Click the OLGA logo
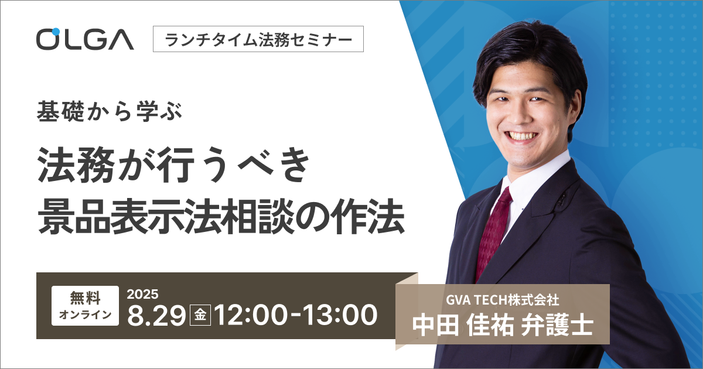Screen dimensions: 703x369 pyautogui.click(x=85, y=39)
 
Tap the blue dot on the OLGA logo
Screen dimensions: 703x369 pyautogui.click(x=56, y=32)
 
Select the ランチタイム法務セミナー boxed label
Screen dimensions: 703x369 pyautogui.click(x=258, y=39)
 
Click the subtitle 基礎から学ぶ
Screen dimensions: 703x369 pyautogui.click(x=109, y=112)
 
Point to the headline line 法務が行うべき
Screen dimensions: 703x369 pyautogui.click(x=173, y=165)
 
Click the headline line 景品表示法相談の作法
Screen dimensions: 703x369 pyautogui.click(x=221, y=217)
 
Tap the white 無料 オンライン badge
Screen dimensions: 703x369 pyautogui.click(x=85, y=306)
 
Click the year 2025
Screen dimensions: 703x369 pyautogui.click(x=142, y=294)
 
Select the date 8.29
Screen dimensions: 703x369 pyautogui.click(x=156, y=315)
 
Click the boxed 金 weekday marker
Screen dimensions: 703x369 pyautogui.click(x=200, y=315)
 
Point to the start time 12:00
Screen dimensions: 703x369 pyautogui.click(x=251, y=315)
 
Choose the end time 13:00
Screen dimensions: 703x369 pyautogui.click(x=341, y=315)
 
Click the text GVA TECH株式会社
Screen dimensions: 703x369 pyautogui.click(x=503, y=300)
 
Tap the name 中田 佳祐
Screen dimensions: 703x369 pyautogui.click(x=463, y=326)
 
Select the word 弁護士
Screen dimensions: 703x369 pyautogui.click(x=557, y=326)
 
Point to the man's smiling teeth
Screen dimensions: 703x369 pyautogui.click(x=523, y=136)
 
